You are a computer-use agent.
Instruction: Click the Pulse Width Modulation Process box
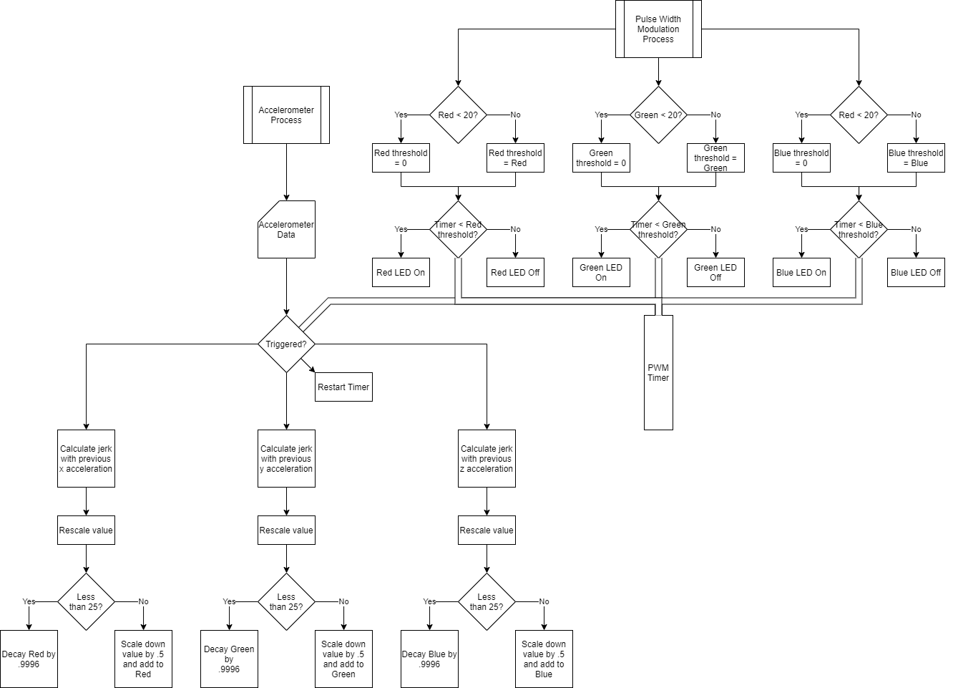click(x=658, y=29)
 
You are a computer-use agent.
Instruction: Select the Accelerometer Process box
click(x=286, y=115)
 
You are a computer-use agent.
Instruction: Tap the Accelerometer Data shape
click(x=286, y=230)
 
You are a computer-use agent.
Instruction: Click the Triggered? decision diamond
click(x=286, y=344)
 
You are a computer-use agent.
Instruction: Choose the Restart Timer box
click(x=343, y=387)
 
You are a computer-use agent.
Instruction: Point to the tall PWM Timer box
click(x=658, y=373)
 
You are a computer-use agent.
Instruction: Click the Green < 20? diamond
click(x=658, y=115)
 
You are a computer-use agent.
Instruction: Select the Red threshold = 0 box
click(x=401, y=158)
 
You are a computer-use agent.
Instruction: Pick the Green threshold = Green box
click(x=715, y=158)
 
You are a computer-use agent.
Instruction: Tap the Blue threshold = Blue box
click(x=916, y=158)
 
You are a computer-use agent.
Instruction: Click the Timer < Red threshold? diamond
click(x=458, y=230)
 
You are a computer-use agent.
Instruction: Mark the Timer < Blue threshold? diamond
click(x=859, y=230)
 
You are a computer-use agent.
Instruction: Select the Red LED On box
click(x=401, y=273)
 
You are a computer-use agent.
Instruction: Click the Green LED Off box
click(x=715, y=273)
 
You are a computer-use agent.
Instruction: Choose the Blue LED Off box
click(x=916, y=273)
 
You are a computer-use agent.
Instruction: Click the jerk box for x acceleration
click(x=86, y=459)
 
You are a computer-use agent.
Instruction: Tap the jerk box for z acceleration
click(x=487, y=459)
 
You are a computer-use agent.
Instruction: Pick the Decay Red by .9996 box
click(x=29, y=659)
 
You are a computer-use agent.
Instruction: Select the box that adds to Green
click(x=343, y=659)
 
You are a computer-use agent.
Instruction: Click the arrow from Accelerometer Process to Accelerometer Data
click(x=286, y=172)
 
